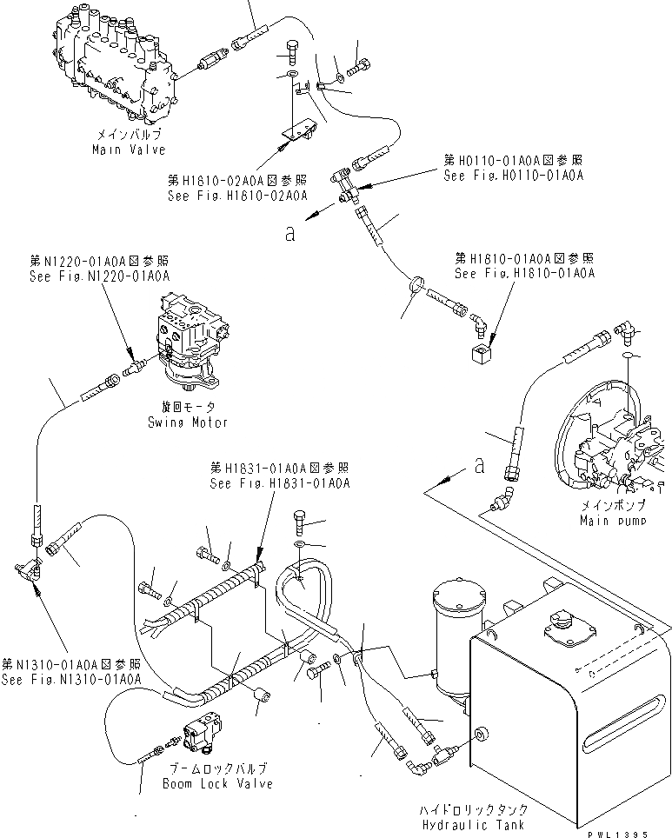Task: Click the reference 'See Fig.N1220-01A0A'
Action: coord(98,274)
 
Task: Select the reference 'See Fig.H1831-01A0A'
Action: coord(279,483)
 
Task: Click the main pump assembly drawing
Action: coord(609,443)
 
